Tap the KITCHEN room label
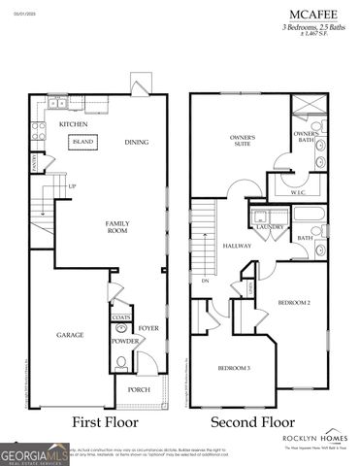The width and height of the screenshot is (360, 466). tap(74, 125)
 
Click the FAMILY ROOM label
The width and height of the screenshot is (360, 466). tap(117, 227)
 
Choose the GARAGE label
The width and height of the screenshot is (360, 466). tap(69, 335)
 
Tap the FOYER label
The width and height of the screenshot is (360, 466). tap(147, 329)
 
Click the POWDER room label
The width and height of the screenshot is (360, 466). tap(122, 341)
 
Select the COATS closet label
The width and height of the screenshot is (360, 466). tap(121, 316)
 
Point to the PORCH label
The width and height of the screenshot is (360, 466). tap(139, 392)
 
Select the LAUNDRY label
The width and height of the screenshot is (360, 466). tap(269, 227)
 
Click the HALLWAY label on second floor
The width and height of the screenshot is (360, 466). tap(236, 246)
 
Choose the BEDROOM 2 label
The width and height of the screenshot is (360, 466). tap(294, 303)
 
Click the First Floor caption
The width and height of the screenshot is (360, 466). tap(105, 423)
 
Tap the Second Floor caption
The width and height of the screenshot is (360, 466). tap(252, 423)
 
